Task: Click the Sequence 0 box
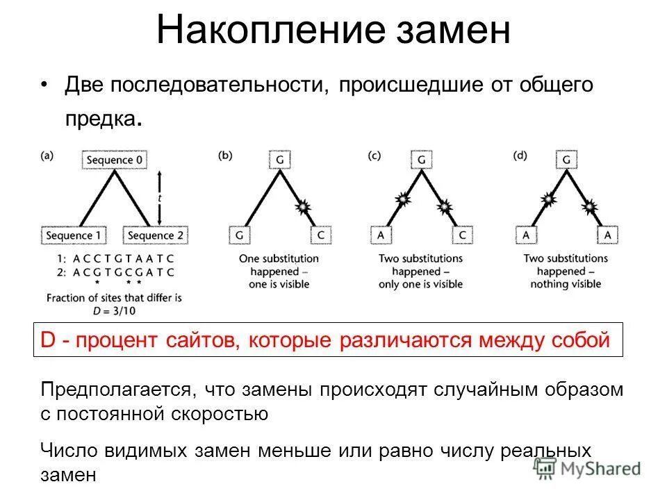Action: (116, 160)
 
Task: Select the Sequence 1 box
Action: (73, 235)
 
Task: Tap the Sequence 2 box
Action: (156, 235)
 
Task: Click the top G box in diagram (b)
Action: (279, 160)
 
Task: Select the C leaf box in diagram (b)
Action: (321, 235)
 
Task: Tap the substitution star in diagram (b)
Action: (303, 206)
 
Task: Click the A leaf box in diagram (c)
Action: (381, 235)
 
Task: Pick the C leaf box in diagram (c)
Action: (463, 235)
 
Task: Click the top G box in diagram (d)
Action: (567, 160)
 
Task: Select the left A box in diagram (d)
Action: (526, 235)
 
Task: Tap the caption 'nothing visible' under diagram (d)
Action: (566, 284)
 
